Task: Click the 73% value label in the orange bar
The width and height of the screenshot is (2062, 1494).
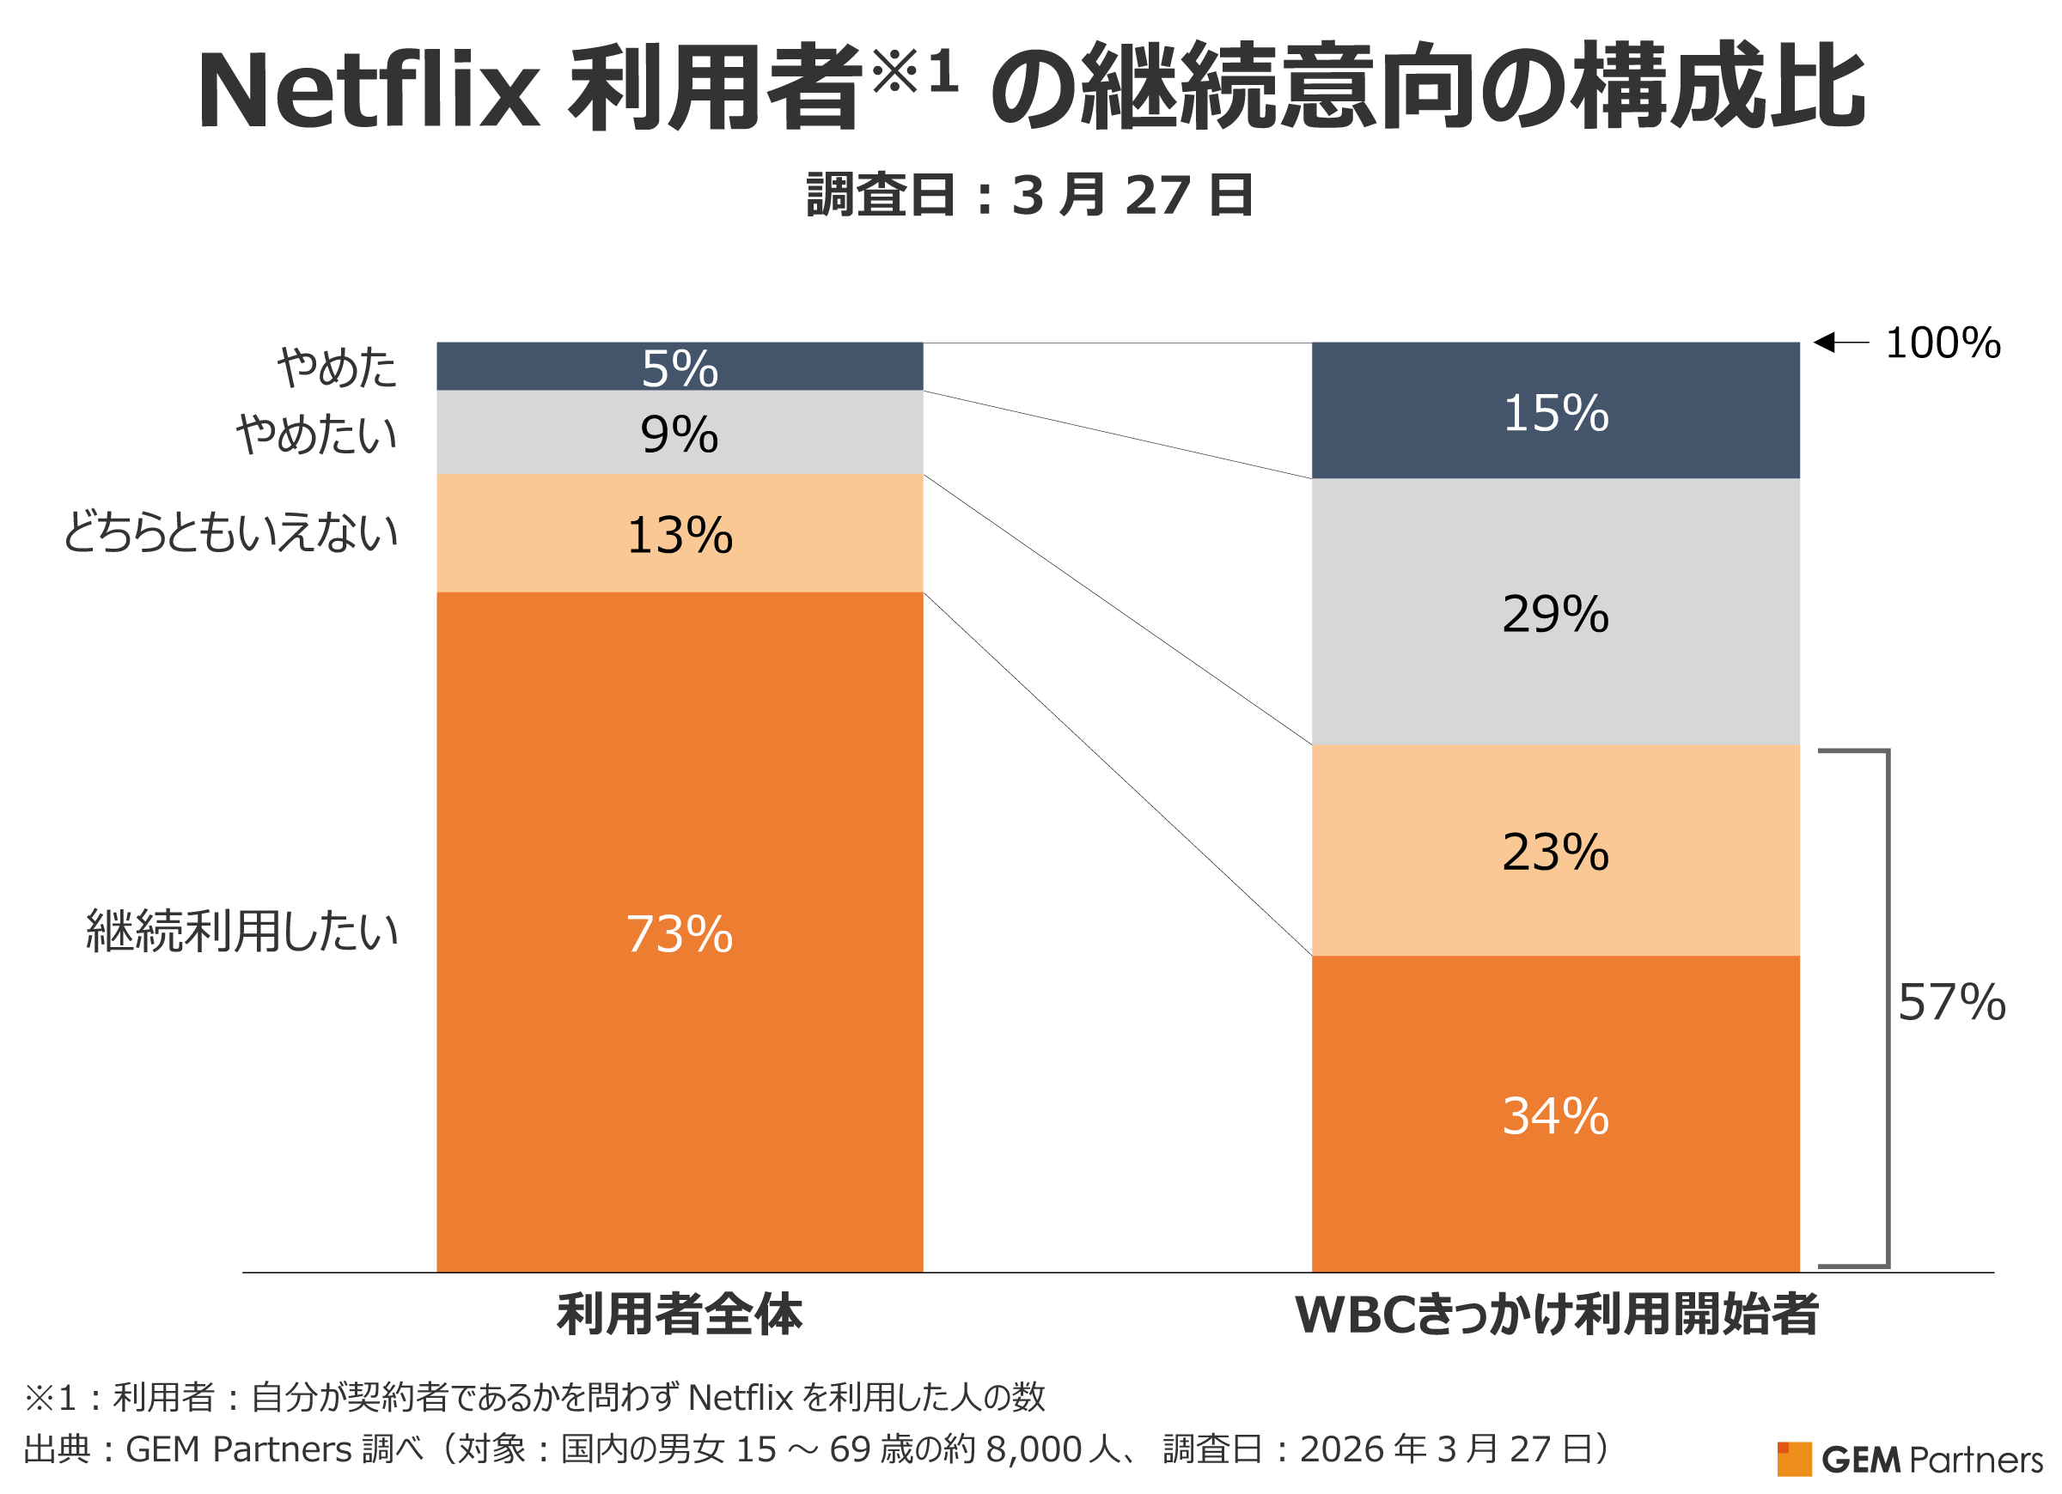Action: click(x=679, y=934)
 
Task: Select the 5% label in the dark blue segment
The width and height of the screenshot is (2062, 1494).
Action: click(x=679, y=369)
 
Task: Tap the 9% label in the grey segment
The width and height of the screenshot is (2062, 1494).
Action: click(x=679, y=434)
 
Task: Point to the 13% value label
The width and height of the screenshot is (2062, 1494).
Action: click(x=679, y=535)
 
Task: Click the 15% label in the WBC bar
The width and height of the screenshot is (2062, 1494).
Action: click(x=1556, y=414)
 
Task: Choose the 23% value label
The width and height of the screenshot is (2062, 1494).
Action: click(x=1556, y=853)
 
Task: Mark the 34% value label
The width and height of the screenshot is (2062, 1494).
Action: click(x=1556, y=1116)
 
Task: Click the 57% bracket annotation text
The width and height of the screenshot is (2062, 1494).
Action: click(x=1951, y=1003)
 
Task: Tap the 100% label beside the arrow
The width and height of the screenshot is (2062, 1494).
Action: click(x=1943, y=343)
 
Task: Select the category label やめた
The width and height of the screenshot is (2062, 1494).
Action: click(x=338, y=368)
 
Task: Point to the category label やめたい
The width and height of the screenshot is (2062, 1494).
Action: click(x=316, y=434)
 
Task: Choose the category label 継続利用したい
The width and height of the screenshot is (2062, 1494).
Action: click(x=241, y=932)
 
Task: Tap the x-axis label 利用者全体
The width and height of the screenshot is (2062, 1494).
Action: click(x=679, y=1315)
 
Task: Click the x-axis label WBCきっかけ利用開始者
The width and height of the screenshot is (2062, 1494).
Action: click(x=1556, y=1315)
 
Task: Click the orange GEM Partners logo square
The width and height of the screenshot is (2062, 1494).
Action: click(x=1794, y=1460)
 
